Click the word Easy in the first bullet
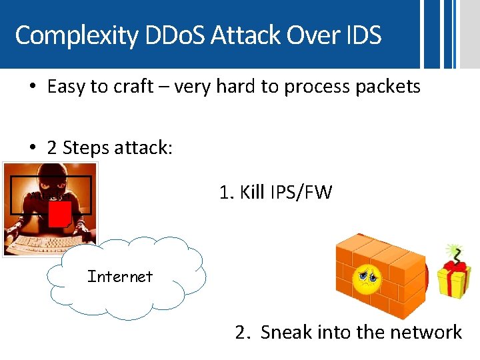point(66,87)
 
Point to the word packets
point(388,87)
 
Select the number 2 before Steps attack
point(52,147)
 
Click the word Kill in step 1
point(252,193)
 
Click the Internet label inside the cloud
point(120,277)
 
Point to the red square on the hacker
point(60,214)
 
